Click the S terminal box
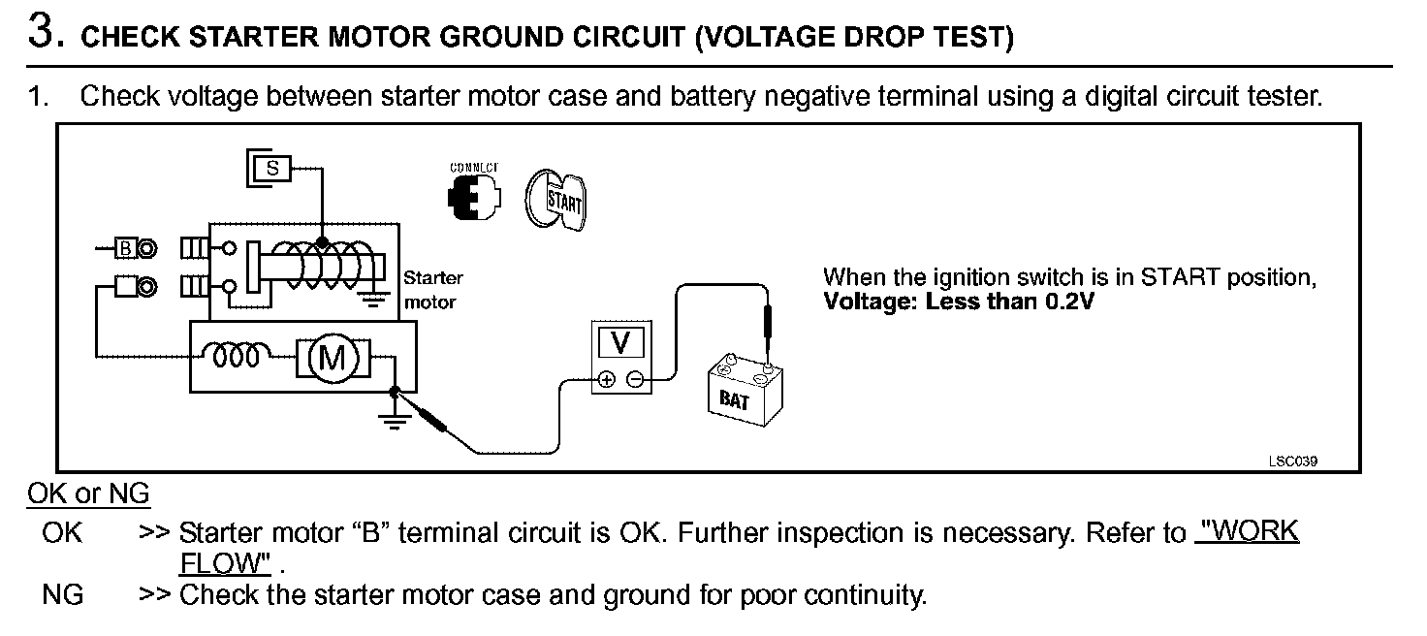(272, 168)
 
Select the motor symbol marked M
(333, 358)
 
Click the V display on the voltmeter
(622, 342)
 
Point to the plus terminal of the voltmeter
(607, 379)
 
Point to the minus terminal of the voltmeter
(634, 379)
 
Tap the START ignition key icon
(555, 201)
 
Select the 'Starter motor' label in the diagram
(432, 289)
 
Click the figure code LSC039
(1292, 461)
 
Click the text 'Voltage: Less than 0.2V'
(959, 301)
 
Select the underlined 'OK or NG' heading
(88, 494)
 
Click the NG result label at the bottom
(63, 594)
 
